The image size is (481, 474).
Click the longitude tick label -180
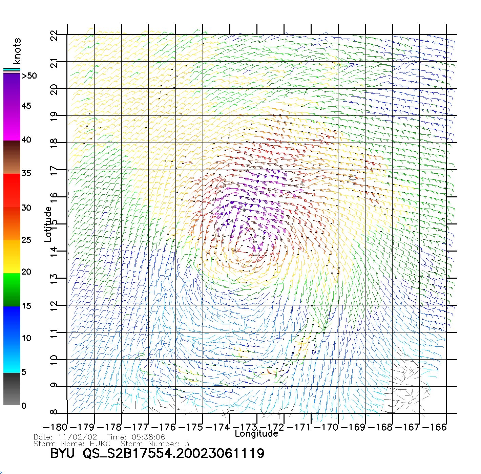pyautogui.click(x=55, y=427)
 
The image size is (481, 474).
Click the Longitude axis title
pyautogui.click(x=256, y=434)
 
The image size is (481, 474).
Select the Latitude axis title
pyautogui.click(x=48, y=224)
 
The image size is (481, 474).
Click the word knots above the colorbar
pyautogui.click(x=17, y=51)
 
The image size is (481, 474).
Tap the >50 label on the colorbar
pyautogui.click(x=29, y=76)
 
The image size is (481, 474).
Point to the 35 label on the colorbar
pyautogui.click(x=26, y=173)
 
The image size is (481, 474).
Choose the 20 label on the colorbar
pyautogui.click(x=26, y=272)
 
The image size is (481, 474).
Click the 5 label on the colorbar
pyautogui.click(x=24, y=372)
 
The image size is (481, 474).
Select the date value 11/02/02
pyautogui.click(x=78, y=437)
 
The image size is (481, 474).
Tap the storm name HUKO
pyautogui.click(x=100, y=444)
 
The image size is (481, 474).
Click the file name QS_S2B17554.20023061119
pyautogui.click(x=173, y=454)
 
